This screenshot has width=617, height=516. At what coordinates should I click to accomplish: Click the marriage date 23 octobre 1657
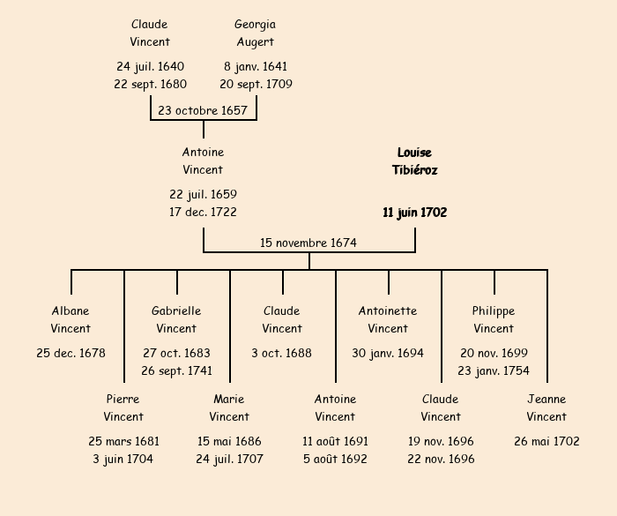203,110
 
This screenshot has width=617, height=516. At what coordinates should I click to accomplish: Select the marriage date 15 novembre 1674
308,243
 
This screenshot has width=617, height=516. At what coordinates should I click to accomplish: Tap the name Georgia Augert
256,34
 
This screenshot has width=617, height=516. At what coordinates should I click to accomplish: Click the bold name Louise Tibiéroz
414,161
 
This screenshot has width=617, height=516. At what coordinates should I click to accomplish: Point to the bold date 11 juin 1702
414,213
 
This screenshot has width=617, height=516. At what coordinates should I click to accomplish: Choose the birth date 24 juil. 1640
150,67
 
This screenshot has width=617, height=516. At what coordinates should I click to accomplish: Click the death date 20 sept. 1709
256,85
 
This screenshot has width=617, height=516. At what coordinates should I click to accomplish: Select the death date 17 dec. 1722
203,213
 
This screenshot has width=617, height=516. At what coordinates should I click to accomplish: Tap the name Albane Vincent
71,320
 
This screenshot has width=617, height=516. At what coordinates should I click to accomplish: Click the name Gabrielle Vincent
176,320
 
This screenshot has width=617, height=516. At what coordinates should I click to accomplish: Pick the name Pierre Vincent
123,408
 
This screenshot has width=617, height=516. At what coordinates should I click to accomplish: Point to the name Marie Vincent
229,408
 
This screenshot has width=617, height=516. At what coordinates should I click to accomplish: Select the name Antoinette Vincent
388,320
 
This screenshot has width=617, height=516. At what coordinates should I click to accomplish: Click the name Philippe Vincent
494,320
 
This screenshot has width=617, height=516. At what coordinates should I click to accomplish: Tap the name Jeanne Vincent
546,408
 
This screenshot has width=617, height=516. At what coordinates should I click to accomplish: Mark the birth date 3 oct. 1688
282,354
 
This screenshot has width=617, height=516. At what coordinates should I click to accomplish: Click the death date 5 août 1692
335,460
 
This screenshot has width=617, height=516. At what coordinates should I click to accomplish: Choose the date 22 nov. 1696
441,460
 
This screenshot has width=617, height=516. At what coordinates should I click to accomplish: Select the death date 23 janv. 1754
494,371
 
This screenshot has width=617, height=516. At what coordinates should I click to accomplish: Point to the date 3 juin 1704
123,460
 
